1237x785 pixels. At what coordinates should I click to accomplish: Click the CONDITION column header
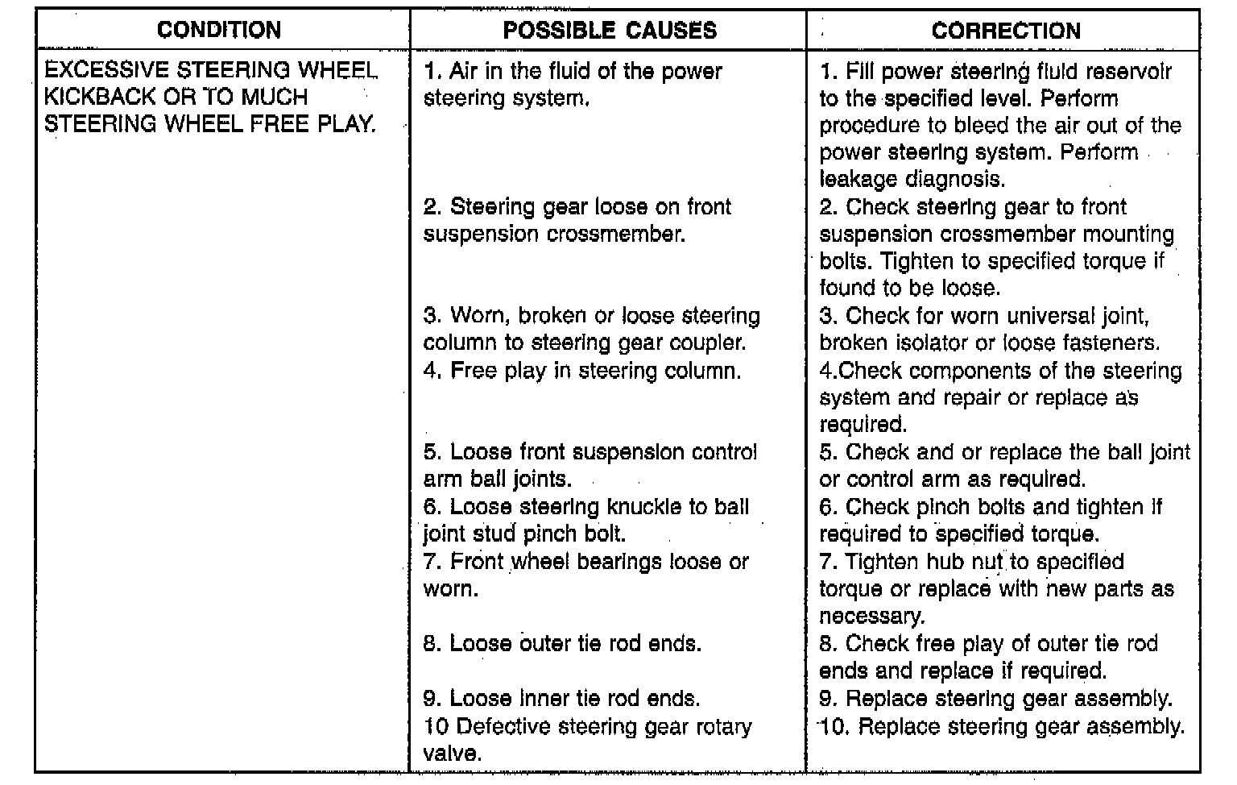coord(219,31)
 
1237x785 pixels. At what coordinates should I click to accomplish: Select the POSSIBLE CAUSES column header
coord(610,31)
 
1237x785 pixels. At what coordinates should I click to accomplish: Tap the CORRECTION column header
coord(1006,31)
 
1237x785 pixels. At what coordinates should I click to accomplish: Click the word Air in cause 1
coord(464,71)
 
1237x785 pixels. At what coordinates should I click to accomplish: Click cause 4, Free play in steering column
coord(582,371)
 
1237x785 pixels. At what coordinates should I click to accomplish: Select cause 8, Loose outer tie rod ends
coord(562,644)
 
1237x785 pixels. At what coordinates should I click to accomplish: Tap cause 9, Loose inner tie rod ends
coord(561,698)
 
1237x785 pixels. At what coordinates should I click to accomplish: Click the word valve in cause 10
coord(450,754)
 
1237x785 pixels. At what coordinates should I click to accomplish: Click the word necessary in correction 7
coord(871,617)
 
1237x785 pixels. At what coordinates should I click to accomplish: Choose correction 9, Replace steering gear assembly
coord(996,699)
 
